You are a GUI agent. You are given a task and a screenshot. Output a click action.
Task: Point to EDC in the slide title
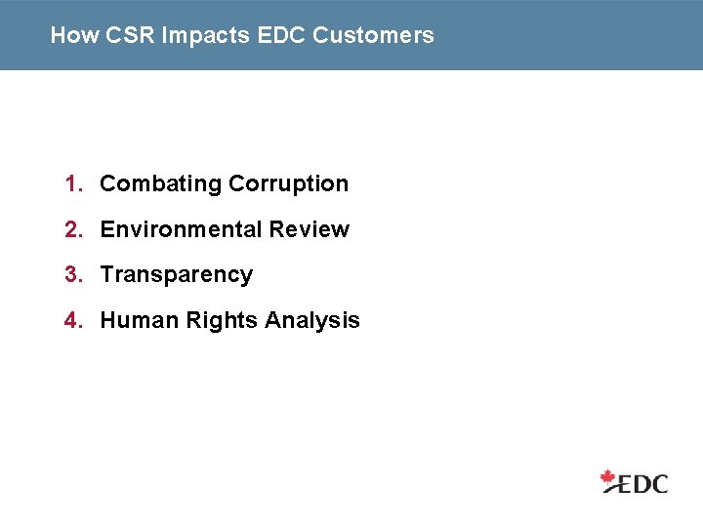pyautogui.click(x=281, y=36)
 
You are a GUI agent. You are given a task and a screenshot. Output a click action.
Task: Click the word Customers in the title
pyautogui.click(x=373, y=36)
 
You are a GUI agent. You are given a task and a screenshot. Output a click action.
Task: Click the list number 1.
pyautogui.click(x=71, y=183)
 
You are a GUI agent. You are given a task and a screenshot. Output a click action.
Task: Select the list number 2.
pyautogui.click(x=71, y=229)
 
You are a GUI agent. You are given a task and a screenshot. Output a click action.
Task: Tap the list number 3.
pyautogui.click(x=71, y=275)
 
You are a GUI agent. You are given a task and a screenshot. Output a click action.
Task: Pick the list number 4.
pyautogui.click(x=71, y=320)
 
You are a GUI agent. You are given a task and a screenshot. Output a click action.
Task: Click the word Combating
pyautogui.click(x=160, y=184)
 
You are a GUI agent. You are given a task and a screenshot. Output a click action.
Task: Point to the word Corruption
pyautogui.click(x=288, y=184)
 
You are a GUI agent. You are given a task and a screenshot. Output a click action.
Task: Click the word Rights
pyautogui.click(x=203, y=321)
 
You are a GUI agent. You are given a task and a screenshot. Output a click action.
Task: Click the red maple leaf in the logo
pyautogui.click(x=610, y=478)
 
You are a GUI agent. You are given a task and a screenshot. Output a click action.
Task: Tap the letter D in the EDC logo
pyautogui.click(x=640, y=483)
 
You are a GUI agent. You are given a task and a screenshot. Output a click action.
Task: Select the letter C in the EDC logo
pyautogui.click(x=659, y=483)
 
